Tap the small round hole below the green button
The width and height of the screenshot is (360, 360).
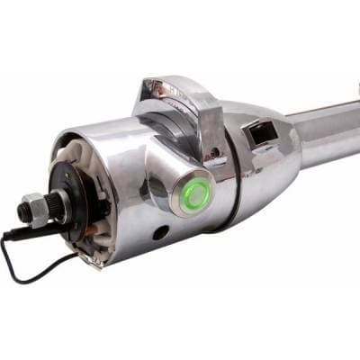tap(161, 234)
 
